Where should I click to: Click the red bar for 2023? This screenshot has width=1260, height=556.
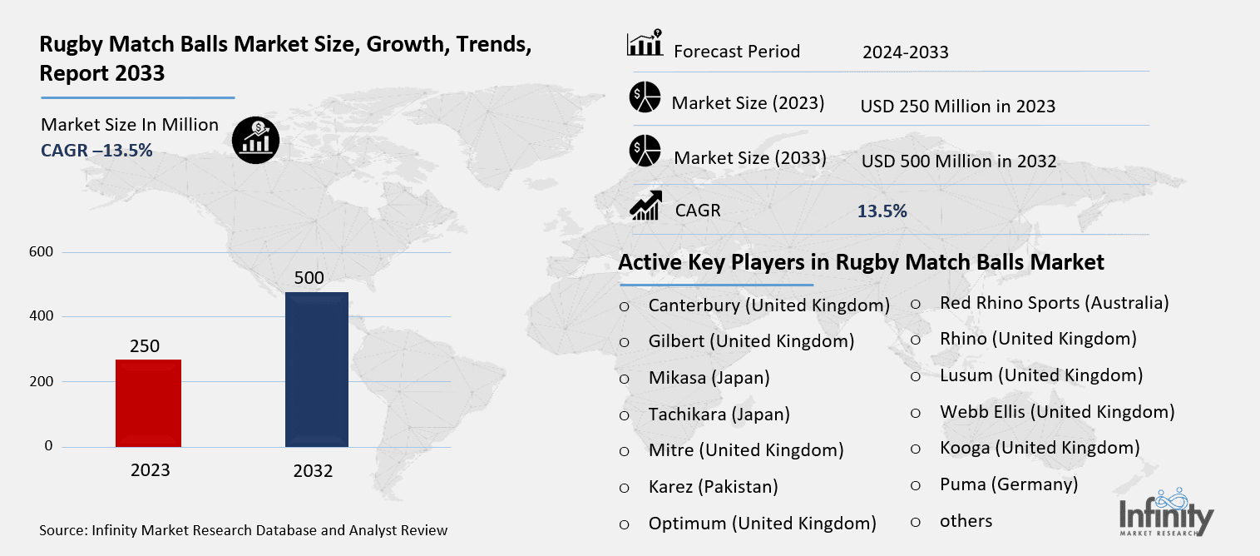148,403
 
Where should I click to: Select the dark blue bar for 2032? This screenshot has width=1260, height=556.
316,370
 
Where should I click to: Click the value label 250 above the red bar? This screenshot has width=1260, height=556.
144,346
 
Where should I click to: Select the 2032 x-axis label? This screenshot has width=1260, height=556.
313,471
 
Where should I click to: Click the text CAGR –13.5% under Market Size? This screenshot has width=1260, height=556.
96,150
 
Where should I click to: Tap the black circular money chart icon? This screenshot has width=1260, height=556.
255,138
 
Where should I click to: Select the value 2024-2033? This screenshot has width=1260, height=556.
905,52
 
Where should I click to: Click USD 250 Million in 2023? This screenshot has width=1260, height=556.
957,107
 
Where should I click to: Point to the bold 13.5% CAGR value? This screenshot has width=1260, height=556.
882,211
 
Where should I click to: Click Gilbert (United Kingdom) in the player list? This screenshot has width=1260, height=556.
751,341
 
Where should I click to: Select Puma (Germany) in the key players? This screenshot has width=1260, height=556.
1008,484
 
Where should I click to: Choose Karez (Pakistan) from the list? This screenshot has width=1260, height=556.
713,487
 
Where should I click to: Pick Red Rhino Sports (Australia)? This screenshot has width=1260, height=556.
1054,303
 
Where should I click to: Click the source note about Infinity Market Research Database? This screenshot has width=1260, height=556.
243,530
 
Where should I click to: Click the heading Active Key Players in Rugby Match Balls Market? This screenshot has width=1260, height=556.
861,263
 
